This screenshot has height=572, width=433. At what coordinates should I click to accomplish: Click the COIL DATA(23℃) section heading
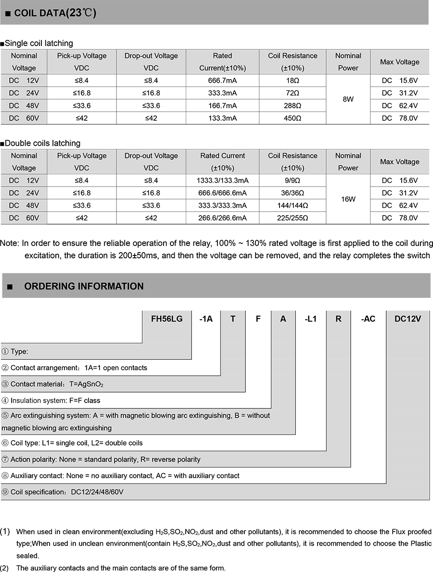coord(55,13)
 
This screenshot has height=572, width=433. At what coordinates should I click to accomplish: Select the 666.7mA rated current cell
coord(222,80)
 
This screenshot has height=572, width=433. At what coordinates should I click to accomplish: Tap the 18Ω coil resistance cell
coord(293,80)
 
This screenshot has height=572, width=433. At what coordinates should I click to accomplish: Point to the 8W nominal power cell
coord(348,99)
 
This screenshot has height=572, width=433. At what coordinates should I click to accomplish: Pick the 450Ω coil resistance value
coord(293,118)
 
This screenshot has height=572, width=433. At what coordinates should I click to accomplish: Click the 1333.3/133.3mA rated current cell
coord(222,180)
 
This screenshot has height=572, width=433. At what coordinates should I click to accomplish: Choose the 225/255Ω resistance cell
coord(293,218)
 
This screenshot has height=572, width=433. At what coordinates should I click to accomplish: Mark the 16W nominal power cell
coord(348,199)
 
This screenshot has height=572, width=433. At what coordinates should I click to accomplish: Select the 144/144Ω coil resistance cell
coord(293,205)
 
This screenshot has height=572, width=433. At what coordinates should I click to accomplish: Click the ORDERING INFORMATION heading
coord(84,286)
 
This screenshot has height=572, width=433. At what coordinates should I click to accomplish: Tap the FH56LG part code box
coord(166,318)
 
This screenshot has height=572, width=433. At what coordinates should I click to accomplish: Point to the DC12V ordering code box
coord(408,318)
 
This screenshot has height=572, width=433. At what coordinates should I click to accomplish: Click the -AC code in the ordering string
coord(368,318)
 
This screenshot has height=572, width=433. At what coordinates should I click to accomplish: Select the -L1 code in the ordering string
coord(311,318)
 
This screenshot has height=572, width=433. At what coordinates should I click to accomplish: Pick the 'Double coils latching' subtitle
coord(42,143)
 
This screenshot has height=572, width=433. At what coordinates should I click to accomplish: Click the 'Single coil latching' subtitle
coord(38,43)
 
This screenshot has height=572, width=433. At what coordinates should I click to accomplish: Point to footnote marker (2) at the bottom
coord(4,568)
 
